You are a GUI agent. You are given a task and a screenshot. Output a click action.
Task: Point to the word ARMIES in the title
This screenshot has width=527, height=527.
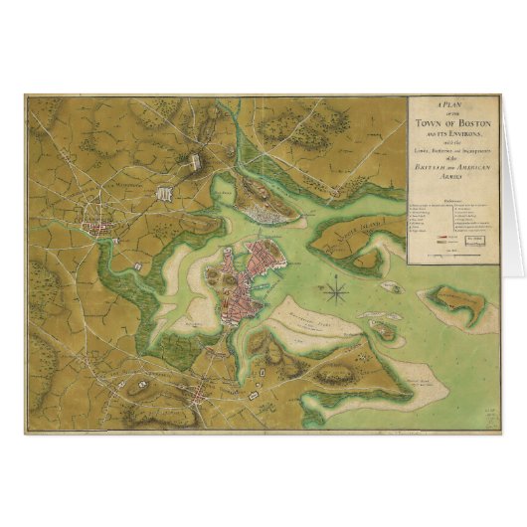coord(453,176)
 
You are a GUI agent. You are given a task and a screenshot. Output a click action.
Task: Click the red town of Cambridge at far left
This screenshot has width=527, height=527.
coord(100,230)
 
